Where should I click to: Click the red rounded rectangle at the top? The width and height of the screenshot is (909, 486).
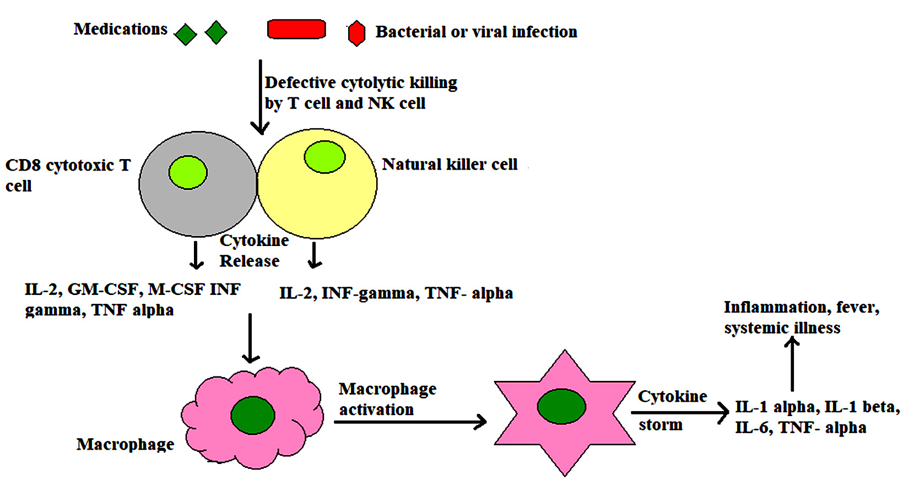(296, 29)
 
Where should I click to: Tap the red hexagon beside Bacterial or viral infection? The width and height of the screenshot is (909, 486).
(356, 34)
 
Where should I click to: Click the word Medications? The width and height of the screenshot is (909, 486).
(121, 29)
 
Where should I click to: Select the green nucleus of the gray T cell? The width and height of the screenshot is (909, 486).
(188, 172)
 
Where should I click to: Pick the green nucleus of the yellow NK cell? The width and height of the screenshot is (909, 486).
(324, 156)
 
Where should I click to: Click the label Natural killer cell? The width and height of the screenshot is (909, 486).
(450, 165)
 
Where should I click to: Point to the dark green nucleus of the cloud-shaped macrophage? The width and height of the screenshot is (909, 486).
(253, 415)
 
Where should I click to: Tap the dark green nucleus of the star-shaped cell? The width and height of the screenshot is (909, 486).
(561, 406)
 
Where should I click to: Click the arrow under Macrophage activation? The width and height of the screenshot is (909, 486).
(410, 422)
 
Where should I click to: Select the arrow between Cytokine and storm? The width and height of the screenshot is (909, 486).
(680, 412)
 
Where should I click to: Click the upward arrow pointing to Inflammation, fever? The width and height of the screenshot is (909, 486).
(792, 364)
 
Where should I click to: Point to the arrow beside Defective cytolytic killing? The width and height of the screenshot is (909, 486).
(260, 96)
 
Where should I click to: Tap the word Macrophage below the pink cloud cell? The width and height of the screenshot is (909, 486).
(125, 444)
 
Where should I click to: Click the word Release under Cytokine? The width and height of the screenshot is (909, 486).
(250, 261)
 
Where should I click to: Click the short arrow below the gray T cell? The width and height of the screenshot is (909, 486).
(196, 255)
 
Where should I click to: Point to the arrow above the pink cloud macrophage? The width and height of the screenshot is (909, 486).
(251, 338)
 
